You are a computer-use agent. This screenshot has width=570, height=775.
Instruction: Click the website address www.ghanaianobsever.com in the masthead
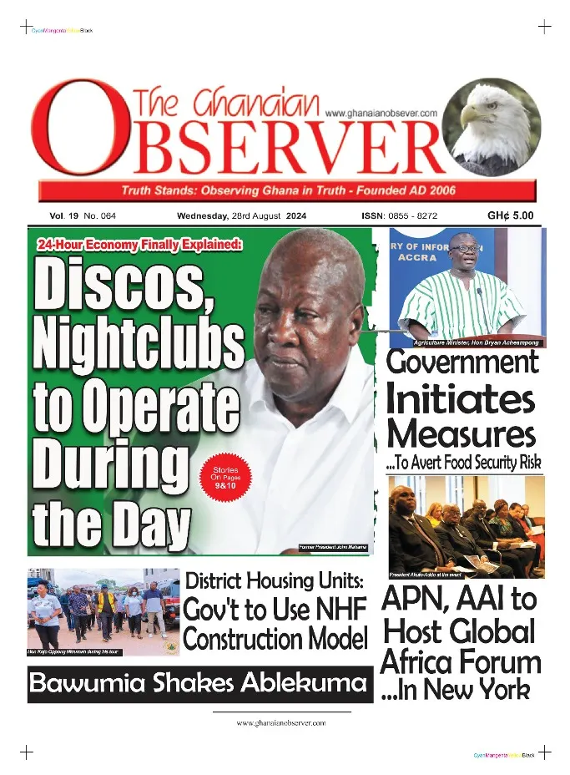pyautogui.click(x=381, y=113)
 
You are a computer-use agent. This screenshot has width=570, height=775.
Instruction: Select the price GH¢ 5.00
pyautogui.click(x=510, y=216)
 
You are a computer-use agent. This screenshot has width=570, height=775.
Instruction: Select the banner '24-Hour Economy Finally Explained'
pyautogui.click(x=139, y=245)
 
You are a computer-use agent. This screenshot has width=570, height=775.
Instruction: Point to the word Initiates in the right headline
pyautogui.click(x=460, y=399)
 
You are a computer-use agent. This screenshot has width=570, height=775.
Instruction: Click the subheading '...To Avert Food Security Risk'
pyautogui.click(x=464, y=462)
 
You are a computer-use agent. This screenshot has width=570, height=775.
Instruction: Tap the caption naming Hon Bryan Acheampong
pyautogui.click(x=477, y=343)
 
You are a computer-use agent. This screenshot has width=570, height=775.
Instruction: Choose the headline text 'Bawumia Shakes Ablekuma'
pyautogui.click(x=197, y=684)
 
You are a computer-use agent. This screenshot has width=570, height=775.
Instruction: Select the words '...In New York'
pyautogui.click(x=456, y=691)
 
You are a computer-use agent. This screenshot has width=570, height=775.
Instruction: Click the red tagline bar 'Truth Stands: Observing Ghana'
pyautogui.click(x=288, y=190)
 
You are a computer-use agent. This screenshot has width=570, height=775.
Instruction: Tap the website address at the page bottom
pyautogui.click(x=280, y=723)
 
